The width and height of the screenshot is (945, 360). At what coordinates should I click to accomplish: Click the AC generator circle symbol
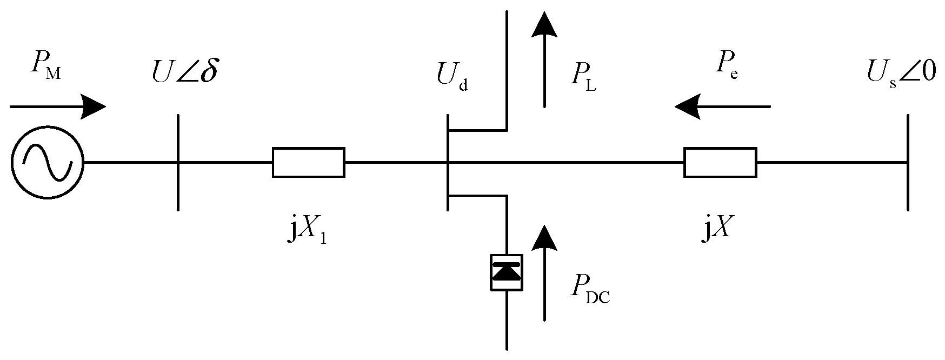coord(47,162)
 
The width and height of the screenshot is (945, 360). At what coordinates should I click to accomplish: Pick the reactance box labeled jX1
coord(308,162)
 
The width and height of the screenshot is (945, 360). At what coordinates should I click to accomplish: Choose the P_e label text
coord(727,66)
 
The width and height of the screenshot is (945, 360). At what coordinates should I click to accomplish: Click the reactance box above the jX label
coord(720,162)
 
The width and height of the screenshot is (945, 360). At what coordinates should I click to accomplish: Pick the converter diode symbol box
coord(506,272)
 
